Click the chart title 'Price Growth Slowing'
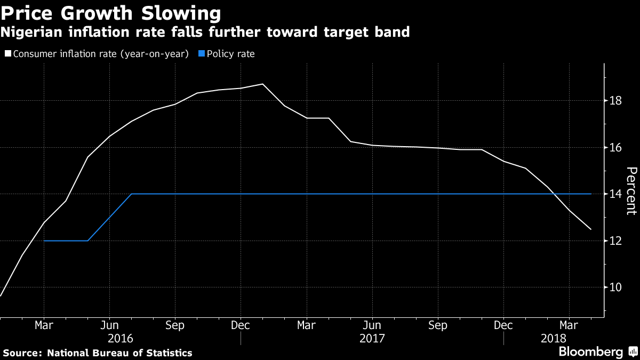[110, 13]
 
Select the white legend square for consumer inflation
[8, 53]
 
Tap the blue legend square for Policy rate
[202, 53]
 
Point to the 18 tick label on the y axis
[615, 101]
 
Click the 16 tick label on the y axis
[615, 147]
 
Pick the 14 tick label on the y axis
[615, 194]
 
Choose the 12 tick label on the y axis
[615, 241]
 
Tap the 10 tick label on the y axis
[615, 287]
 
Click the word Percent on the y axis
[631, 191]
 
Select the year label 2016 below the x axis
[121, 339]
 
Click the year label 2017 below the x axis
[372, 339]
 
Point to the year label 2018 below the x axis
[554, 339]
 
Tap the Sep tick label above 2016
[175, 325]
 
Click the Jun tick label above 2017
[372, 325]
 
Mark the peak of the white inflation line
[262, 84]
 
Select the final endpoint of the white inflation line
[591, 229]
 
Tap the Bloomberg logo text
[591, 351]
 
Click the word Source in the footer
[22, 353]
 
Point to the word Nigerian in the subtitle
[31, 32]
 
